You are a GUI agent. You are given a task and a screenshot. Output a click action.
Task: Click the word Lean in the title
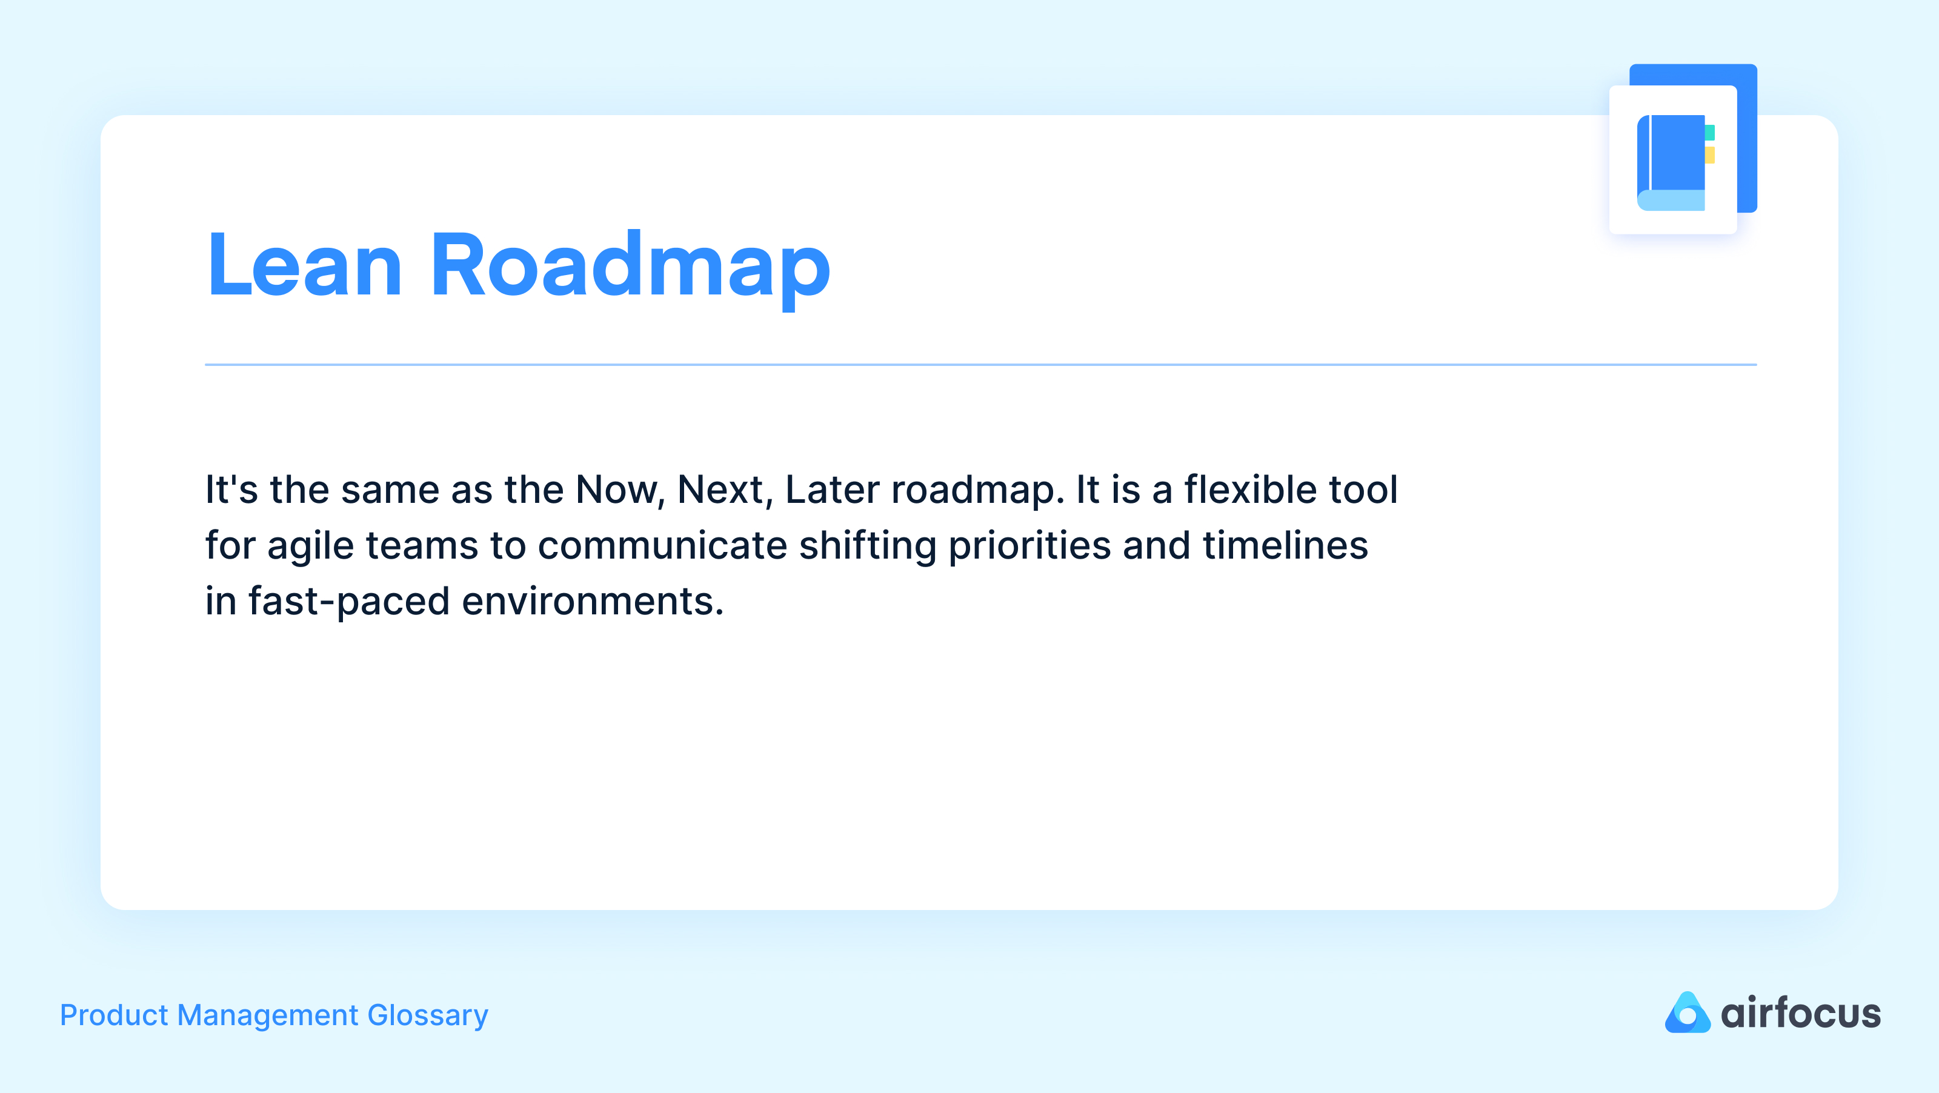(305, 266)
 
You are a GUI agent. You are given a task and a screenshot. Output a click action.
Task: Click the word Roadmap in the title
(630, 266)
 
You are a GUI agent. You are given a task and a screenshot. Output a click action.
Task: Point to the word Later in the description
(832, 490)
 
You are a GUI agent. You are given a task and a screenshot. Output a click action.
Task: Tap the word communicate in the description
(662, 546)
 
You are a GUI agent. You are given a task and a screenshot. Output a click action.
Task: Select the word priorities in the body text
(1029, 546)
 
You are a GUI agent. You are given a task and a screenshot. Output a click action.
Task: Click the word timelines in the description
(1285, 546)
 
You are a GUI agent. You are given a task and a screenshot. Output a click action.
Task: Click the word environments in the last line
(593, 602)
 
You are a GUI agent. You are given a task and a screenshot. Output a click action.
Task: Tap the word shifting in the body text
(867, 546)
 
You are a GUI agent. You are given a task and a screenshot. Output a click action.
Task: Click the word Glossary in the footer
(428, 1015)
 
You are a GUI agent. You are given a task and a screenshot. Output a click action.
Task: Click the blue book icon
(1671, 162)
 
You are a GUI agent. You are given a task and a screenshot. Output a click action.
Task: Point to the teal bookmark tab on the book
(1709, 133)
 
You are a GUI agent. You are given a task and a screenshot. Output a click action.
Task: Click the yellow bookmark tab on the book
(1709, 155)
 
